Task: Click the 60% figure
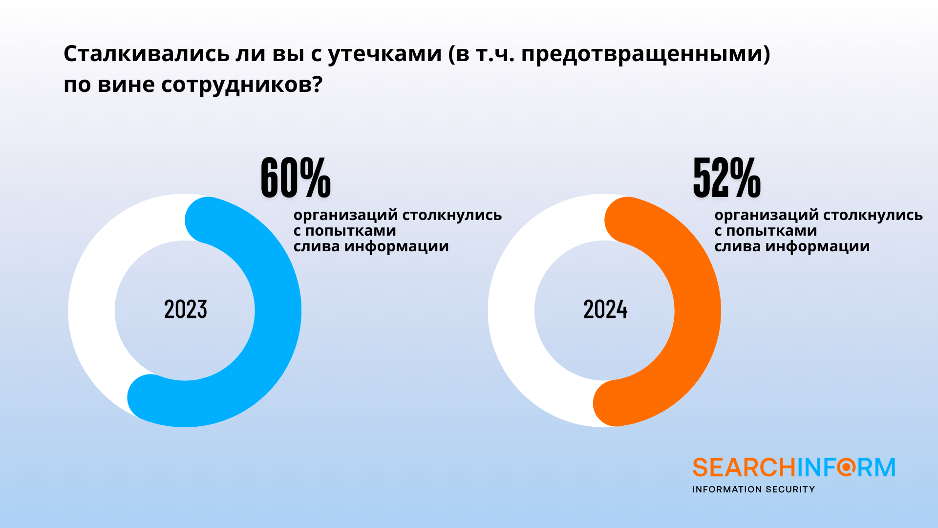coord(296,177)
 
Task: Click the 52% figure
coord(726,177)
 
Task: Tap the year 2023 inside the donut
coord(186,309)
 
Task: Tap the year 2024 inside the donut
coord(605,309)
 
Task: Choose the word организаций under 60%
coord(345,215)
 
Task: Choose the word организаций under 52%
coord(766,215)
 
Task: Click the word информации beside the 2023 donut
coord(396,246)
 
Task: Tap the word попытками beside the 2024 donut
coord(771,231)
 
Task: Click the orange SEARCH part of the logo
coord(744,468)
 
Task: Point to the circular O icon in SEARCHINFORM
coord(847,467)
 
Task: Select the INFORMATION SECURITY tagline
coord(753,489)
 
